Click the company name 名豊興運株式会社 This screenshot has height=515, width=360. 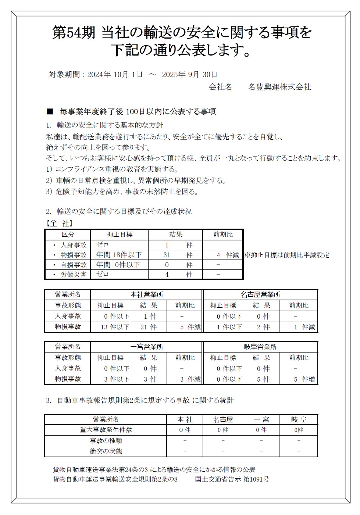tap(279, 87)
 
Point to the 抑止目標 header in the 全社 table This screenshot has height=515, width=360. tap(120, 235)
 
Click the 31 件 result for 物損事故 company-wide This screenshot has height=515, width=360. tap(175, 255)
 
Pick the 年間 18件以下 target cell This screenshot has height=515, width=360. tap(119, 255)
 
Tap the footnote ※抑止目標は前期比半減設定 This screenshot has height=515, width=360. tap(287, 255)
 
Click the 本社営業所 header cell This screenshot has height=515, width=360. tap(147, 294)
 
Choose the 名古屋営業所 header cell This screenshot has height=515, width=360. tap(261, 294)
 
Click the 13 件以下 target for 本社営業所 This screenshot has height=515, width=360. tap(115, 327)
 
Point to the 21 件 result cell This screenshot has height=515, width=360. tap(148, 327)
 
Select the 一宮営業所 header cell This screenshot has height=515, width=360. tap(147, 347)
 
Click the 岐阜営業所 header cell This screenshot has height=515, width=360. tap(261, 347)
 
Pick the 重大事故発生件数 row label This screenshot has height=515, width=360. tap(106, 429)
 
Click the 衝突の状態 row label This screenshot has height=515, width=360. tap(106, 451)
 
